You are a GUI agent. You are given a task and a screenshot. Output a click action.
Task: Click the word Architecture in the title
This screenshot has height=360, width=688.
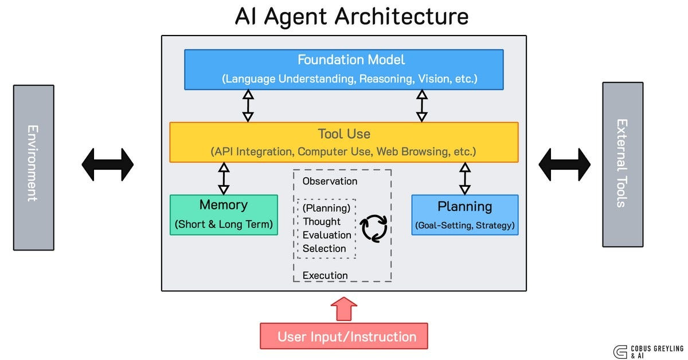[x=401, y=17]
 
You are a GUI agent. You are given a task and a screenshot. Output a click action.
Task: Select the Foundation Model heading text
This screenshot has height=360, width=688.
[x=351, y=60]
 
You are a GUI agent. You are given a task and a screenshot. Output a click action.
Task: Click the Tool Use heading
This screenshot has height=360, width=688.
[x=344, y=134]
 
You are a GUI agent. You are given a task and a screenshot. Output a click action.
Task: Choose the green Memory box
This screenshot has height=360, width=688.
[x=224, y=215]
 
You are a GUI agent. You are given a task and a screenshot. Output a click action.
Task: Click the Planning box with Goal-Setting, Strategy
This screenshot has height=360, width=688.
[x=465, y=215]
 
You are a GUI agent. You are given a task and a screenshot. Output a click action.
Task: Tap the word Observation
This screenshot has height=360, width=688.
[x=330, y=181]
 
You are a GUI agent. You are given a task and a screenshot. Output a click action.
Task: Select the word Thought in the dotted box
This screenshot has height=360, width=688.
[x=322, y=221]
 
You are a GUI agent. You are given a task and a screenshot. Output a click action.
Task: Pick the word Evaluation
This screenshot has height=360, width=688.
[x=327, y=235]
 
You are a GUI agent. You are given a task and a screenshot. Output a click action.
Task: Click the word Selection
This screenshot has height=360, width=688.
[x=325, y=248]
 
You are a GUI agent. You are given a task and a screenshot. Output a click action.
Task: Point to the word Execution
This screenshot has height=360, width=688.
[x=325, y=275]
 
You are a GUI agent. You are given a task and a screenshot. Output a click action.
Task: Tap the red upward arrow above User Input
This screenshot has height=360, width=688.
[x=344, y=309]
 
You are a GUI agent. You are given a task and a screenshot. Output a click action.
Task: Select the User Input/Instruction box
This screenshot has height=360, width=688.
[x=344, y=336]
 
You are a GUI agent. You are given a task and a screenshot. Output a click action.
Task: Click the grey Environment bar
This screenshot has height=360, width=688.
[x=34, y=168]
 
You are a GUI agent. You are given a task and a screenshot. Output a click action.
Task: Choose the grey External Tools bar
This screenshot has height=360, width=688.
[x=623, y=165]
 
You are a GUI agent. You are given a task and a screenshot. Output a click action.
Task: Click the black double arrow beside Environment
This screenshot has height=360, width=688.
[x=108, y=165]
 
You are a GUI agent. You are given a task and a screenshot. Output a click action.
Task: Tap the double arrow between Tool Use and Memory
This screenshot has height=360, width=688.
[x=224, y=179]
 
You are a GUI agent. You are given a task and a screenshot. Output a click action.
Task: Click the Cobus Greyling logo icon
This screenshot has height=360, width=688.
[x=620, y=352]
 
